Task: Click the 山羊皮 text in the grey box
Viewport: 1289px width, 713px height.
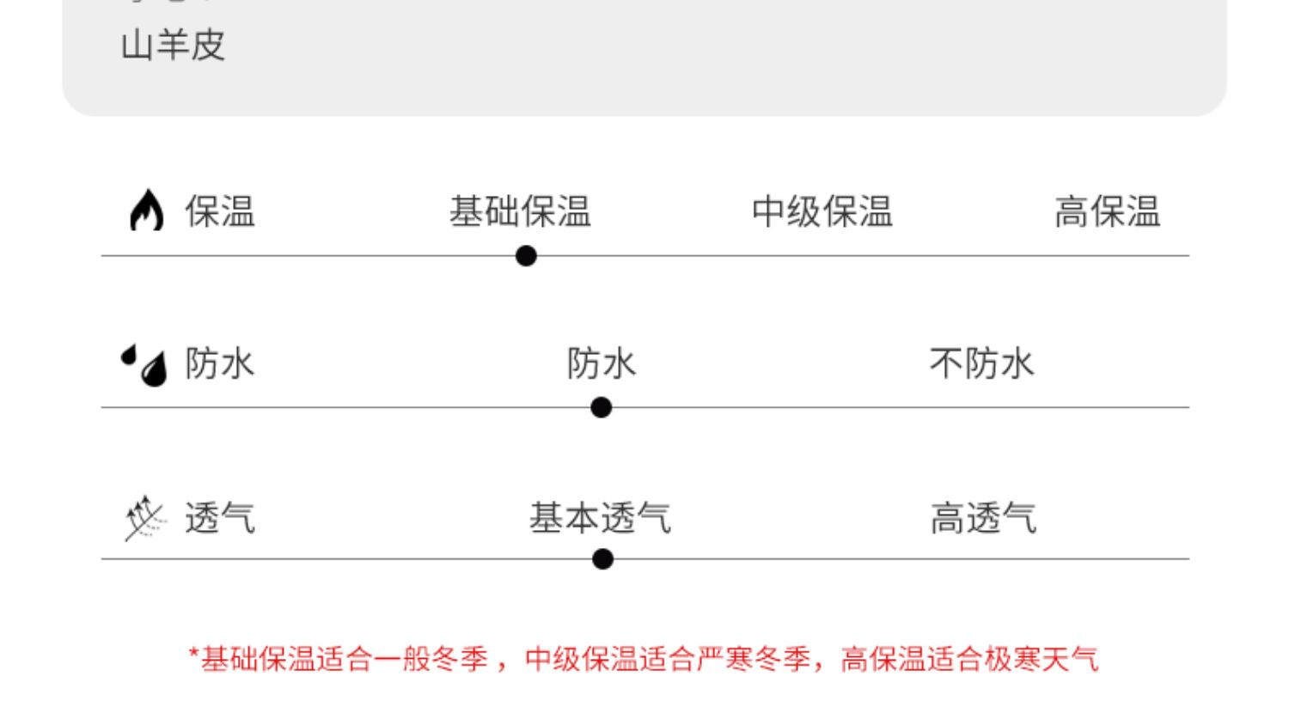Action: point(173,46)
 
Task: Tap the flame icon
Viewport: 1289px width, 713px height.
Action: point(146,210)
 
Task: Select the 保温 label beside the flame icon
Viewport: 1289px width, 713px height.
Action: point(220,211)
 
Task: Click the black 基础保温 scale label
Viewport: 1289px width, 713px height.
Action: point(520,211)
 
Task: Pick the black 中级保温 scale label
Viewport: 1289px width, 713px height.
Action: point(822,211)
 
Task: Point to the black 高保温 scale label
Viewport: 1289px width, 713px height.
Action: point(1107,211)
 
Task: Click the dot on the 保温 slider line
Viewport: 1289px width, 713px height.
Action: point(526,256)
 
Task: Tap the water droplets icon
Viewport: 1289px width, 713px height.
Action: point(144,364)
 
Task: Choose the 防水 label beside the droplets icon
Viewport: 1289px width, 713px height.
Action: point(220,363)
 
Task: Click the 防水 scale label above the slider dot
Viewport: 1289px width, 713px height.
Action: point(602,363)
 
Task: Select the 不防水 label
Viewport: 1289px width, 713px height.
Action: point(981,363)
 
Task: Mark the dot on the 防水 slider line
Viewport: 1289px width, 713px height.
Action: point(602,407)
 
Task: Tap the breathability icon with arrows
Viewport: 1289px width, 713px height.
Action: point(144,519)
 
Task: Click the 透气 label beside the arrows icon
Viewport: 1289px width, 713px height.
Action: point(220,518)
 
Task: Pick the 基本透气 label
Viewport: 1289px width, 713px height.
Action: point(600,518)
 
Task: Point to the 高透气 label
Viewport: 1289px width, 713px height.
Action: point(983,518)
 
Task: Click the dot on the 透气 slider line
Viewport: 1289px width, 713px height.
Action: point(603,559)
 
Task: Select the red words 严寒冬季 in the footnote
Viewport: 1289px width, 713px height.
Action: point(754,660)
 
